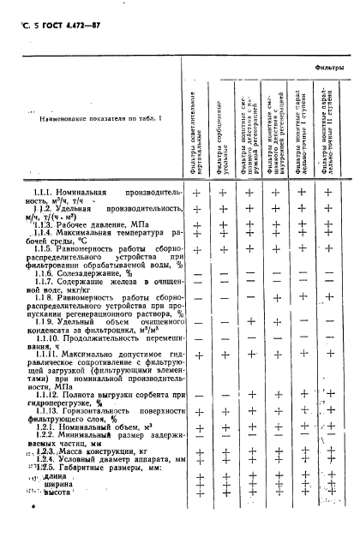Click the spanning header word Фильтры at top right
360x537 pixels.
click(330, 66)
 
